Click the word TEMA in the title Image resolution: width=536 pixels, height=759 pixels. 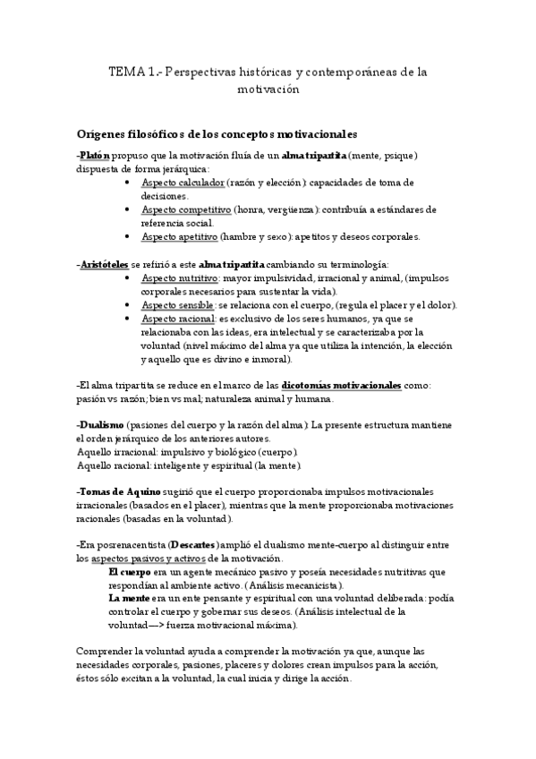point(123,72)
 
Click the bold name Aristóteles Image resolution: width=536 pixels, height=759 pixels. point(104,264)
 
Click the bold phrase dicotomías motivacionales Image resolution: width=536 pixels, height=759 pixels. point(341,385)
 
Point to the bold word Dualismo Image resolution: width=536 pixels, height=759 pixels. point(102,425)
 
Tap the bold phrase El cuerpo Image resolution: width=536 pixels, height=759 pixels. point(130,571)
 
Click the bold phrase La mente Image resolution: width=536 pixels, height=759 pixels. point(129,598)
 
